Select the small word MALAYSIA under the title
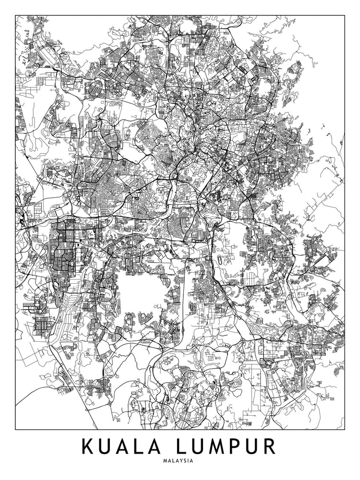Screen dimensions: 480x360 click(178, 461)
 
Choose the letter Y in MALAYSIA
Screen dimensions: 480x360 click(181, 461)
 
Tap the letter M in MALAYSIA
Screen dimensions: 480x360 click(165, 461)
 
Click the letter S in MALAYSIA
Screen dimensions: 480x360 click(185, 461)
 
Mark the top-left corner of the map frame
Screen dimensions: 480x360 click(15, 15)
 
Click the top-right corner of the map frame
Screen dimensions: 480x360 click(345, 15)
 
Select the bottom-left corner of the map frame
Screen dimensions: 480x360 click(15, 429)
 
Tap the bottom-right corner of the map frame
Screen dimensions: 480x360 click(345, 429)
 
